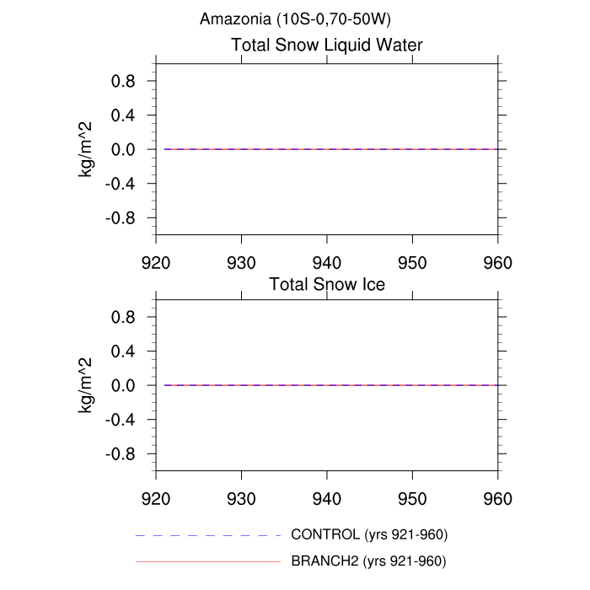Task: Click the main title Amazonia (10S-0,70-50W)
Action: [288, 19]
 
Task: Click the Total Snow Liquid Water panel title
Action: [327, 46]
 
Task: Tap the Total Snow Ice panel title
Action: [327, 285]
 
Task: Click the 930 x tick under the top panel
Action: [242, 262]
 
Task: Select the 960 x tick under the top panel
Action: [497, 262]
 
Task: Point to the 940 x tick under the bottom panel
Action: [327, 499]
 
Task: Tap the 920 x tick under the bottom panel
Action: [157, 499]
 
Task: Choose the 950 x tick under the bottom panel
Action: [412, 499]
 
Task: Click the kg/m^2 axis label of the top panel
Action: [86, 149]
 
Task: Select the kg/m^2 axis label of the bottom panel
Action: [86, 385]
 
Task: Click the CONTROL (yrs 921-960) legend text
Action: [368, 535]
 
